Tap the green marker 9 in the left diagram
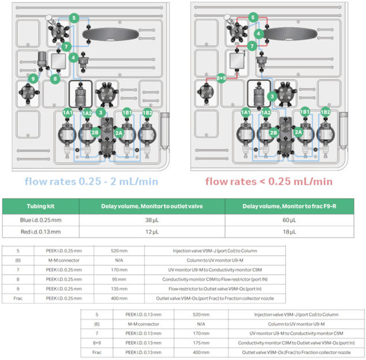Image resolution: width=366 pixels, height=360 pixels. (34, 78)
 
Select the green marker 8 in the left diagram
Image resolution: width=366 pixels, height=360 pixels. (56, 78)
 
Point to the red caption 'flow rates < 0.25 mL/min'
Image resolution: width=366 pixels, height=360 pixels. (269, 181)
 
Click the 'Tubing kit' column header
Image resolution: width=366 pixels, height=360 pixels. (40, 207)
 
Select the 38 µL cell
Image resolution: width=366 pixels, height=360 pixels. (151, 220)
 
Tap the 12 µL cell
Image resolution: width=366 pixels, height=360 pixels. (151, 232)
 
